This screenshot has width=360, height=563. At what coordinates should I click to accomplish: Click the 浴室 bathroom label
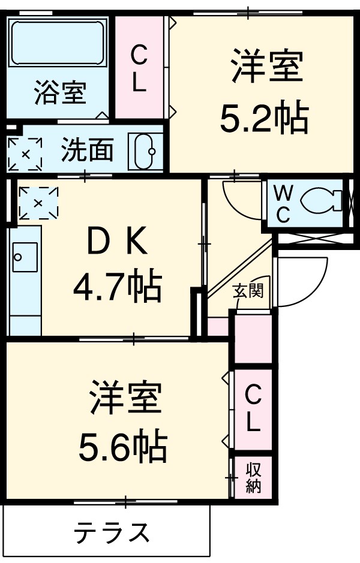[x=59, y=94]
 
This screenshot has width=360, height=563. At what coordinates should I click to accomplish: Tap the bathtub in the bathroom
[x=59, y=43]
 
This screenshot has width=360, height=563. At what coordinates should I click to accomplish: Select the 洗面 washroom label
[x=87, y=151]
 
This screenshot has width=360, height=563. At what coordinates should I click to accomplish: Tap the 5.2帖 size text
[x=264, y=119]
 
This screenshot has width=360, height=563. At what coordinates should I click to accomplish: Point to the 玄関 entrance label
[x=248, y=291]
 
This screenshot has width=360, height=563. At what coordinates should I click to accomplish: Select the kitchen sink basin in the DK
[x=17, y=257]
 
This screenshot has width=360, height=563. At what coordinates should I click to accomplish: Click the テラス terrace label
[x=111, y=531]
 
